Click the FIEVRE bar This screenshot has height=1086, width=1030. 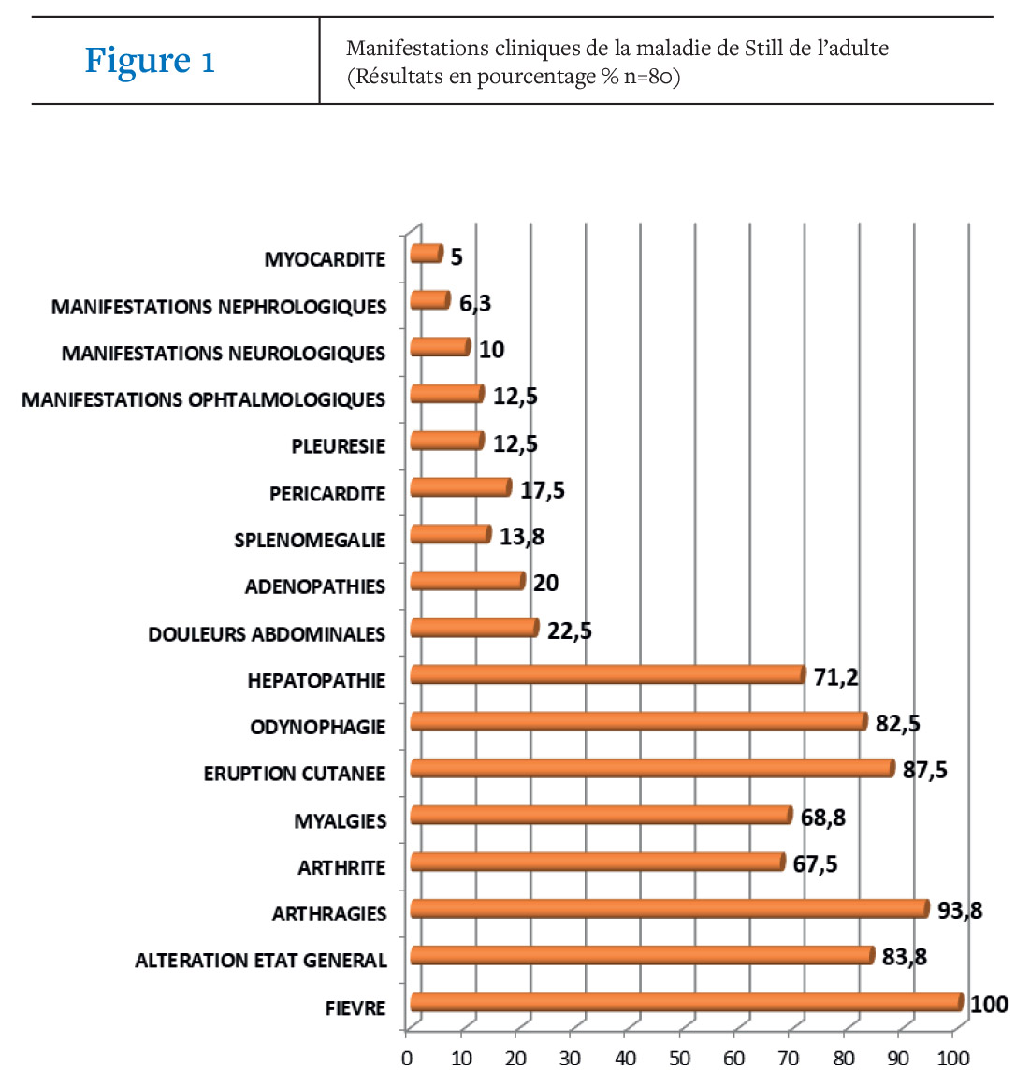(687, 1002)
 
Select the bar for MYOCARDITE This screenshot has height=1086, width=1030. (426, 253)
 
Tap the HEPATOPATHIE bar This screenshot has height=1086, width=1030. (608, 674)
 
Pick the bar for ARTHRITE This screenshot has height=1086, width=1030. (598, 862)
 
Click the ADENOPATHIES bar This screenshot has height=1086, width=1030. (468, 581)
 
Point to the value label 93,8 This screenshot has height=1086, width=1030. (959, 910)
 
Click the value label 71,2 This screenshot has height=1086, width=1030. (836, 676)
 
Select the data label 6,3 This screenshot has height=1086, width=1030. (475, 303)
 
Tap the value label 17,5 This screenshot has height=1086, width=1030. (543, 490)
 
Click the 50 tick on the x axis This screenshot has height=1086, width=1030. (679, 1058)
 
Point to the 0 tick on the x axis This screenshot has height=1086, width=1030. (407, 1058)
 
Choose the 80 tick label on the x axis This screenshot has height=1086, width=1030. (843, 1058)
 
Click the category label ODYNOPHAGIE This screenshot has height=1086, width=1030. (318, 727)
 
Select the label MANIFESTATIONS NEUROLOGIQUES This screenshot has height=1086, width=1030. (224, 354)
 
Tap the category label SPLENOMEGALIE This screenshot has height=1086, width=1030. (310, 541)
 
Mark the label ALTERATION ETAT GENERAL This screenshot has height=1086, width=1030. (261, 961)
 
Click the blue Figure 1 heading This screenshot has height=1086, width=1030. (150, 60)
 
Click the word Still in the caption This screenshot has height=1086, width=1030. (762, 48)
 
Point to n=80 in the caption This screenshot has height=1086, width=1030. (647, 76)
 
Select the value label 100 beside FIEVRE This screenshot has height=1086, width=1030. (989, 1005)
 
